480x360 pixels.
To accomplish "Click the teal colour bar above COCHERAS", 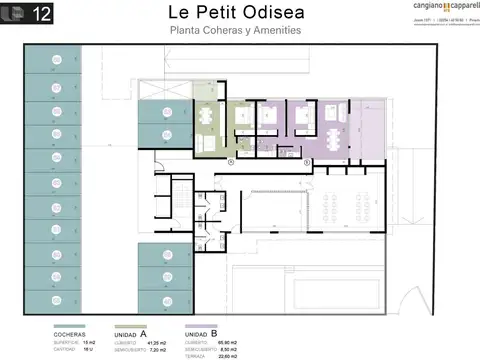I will pyautogui.click(x=69, y=326).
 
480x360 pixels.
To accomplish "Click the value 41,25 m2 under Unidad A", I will pyautogui.click(x=156, y=342).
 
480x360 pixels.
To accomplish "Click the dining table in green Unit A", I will pyautogui.click(x=207, y=116).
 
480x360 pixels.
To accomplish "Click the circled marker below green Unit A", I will pyautogui.click(x=231, y=161).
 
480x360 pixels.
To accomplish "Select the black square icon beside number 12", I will pyautogui.click(x=15, y=14).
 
